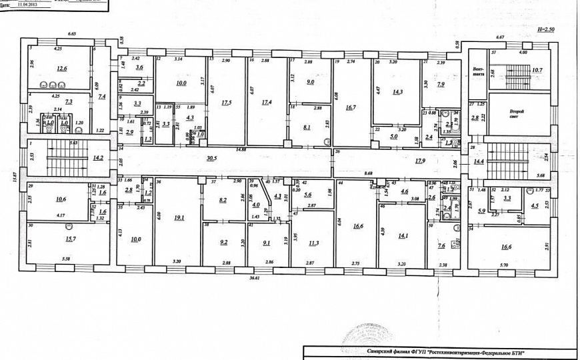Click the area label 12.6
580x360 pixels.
[x=61, y=69]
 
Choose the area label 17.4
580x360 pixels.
[x=267, y=103]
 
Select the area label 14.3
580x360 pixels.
[x=397, y=94]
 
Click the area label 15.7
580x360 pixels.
[x=69, y=239]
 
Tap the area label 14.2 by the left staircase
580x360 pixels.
[x=98, y=158]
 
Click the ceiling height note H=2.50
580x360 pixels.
[x=545, y=30]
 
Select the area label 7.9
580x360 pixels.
[x=441, y=85]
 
